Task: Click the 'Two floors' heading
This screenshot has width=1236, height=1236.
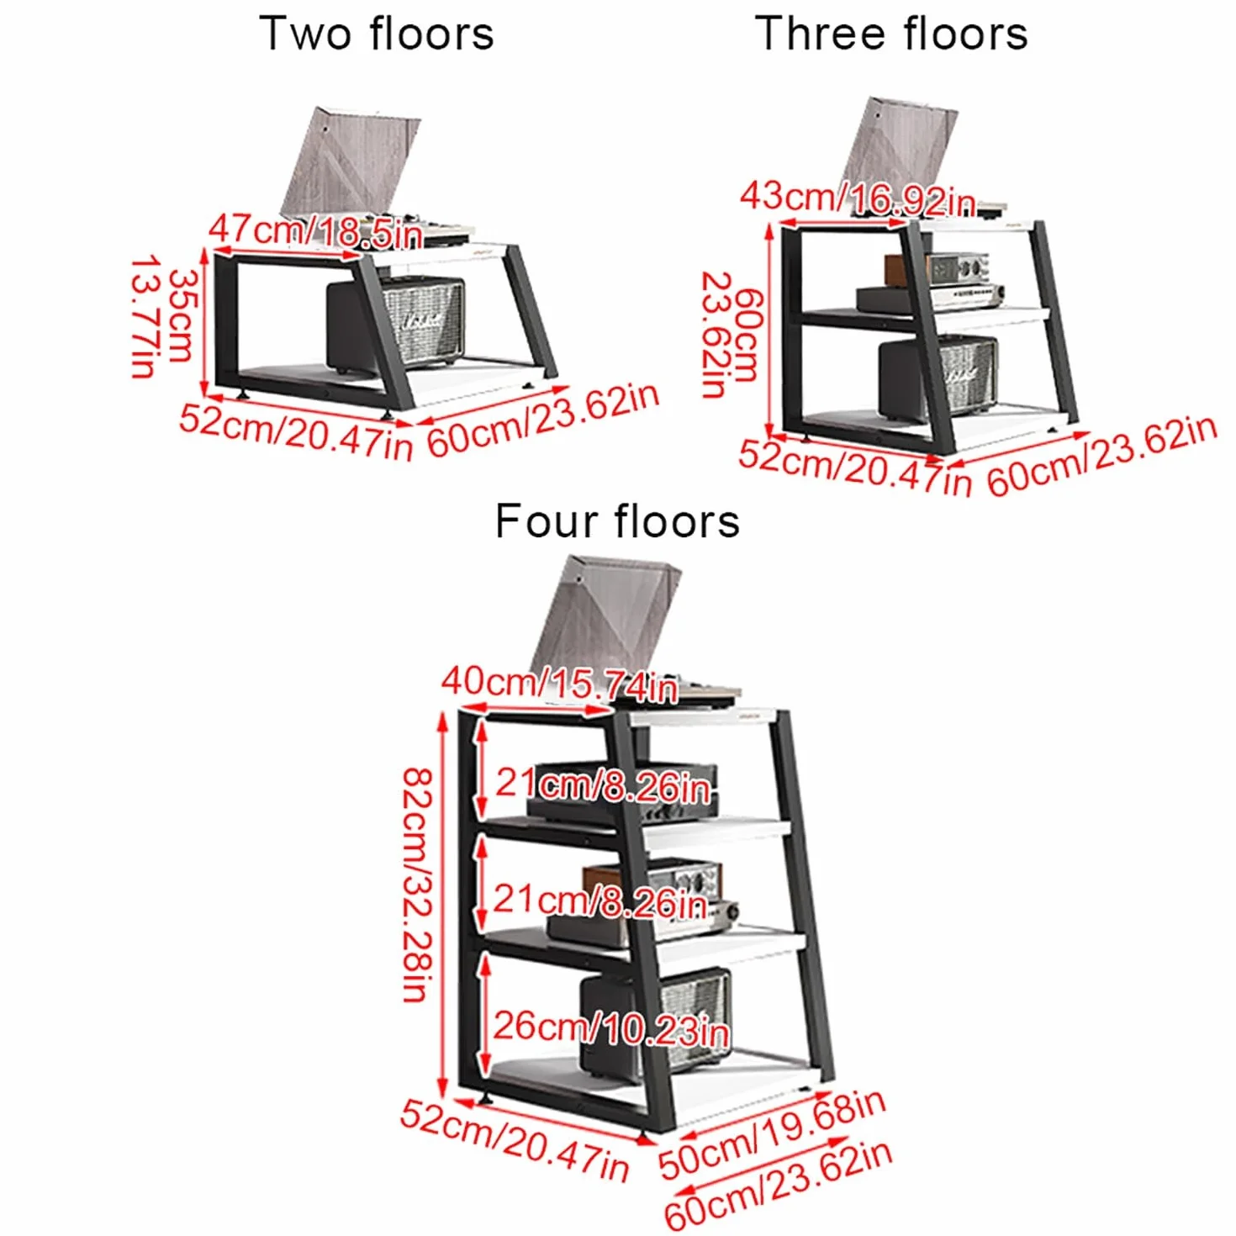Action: pos(377,34)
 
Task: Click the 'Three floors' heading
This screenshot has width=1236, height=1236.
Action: pos(891,34)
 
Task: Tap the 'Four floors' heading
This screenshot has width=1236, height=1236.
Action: pos(617,520)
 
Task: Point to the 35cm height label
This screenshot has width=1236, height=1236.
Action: pos(180,315)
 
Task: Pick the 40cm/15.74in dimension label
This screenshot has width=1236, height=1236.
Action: pos(559,684)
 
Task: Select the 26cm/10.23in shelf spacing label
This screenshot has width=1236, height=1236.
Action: pos(610,1027)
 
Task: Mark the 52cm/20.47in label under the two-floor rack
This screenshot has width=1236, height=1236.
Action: pos(295,432)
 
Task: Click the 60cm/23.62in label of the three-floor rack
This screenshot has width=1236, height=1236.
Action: pos(1102,456)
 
